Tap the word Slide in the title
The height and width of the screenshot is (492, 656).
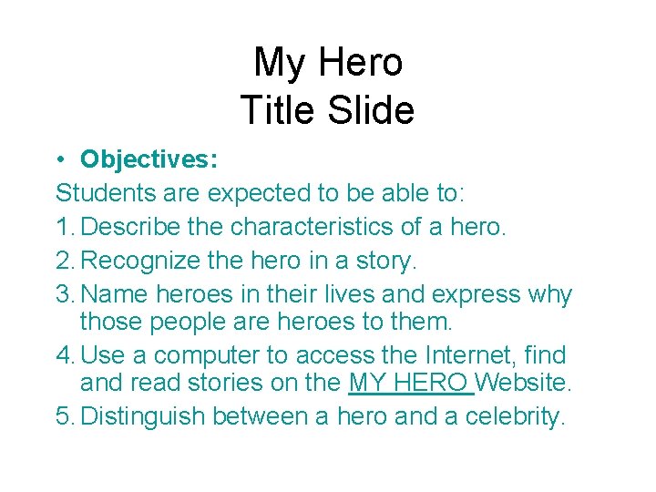[x=373, y=111]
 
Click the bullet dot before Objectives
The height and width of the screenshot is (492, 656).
[x=59, y=160]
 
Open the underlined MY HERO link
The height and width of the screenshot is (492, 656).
[x=410, y=383]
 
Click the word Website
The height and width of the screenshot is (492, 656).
[x=524, y=383]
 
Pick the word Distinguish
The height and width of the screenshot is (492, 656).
[x=148, y=417]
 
